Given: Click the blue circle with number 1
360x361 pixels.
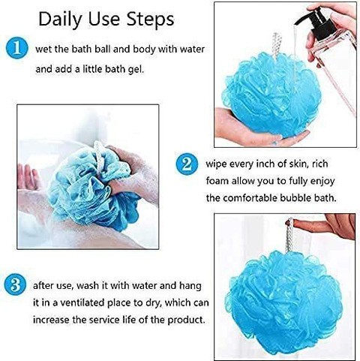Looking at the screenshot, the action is click(x=16, y=48).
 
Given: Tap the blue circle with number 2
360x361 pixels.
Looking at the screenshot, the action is click(x=187, y=164).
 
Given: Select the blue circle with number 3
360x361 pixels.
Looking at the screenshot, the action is click(x=15, y=285).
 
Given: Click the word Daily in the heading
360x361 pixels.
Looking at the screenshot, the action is click(x=60, y=20).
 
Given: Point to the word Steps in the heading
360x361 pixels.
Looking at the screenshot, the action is click(x=150, y=19).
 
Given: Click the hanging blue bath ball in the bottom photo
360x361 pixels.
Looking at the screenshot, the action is click(x=283, y=302).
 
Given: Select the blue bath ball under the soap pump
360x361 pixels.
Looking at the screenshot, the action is click(x=271, y=95).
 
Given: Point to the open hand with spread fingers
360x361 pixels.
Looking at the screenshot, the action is click(x=28, y=177).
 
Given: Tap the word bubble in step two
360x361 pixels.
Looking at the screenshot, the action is click(x=294, y=197).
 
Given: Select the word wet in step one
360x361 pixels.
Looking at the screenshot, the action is click(x=43, y=50).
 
